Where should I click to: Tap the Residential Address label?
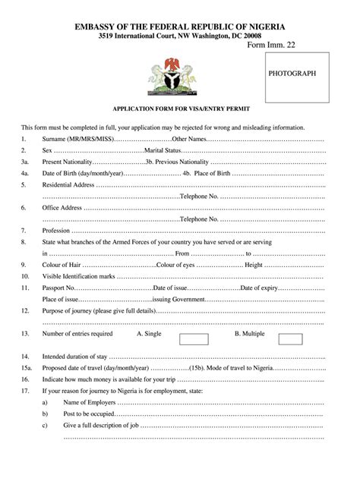[x=68, y=184]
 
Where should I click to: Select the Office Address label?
[x=62, y=207]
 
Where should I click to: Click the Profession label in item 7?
[x=57, y=230]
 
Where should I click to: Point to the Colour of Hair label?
[x=62, y=265]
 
